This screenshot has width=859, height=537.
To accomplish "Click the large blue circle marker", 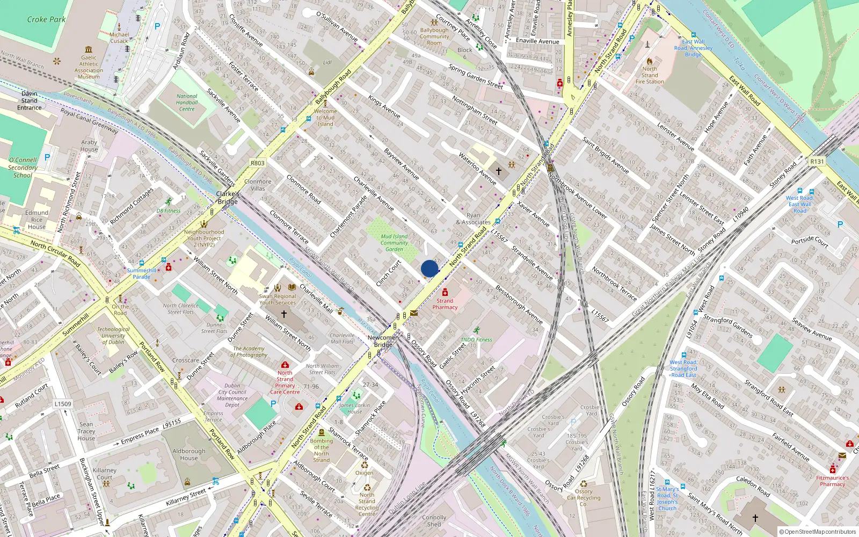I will point(429,268).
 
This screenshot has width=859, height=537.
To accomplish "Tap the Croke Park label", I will point(46,19).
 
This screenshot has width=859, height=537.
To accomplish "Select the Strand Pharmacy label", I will point(445,304).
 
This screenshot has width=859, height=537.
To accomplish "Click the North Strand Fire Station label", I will point(650,75).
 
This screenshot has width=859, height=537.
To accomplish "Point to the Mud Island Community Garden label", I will point(394,243).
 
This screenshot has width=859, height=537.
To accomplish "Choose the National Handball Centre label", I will point(187,103).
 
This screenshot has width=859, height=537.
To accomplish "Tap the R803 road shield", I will point(258,163).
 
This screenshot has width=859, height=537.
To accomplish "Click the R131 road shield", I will point(817,161).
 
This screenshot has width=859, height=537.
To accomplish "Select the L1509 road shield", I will point(63,404).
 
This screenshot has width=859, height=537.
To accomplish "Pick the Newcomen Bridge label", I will point(383,341).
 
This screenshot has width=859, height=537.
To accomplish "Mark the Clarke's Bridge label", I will point(228,198).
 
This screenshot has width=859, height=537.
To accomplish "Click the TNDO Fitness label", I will point(476,339).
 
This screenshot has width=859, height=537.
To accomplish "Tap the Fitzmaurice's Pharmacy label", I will point(832,481).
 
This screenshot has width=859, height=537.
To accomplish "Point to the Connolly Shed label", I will point(434,521).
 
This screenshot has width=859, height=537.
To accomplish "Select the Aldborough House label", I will point(189,454).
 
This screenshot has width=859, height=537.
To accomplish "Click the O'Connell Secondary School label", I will point(23,168).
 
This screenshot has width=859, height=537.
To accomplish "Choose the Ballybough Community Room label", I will point(434,37).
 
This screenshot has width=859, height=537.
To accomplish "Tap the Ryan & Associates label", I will point(473,219).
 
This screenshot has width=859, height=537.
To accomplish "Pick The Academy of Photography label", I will point(249,352).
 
